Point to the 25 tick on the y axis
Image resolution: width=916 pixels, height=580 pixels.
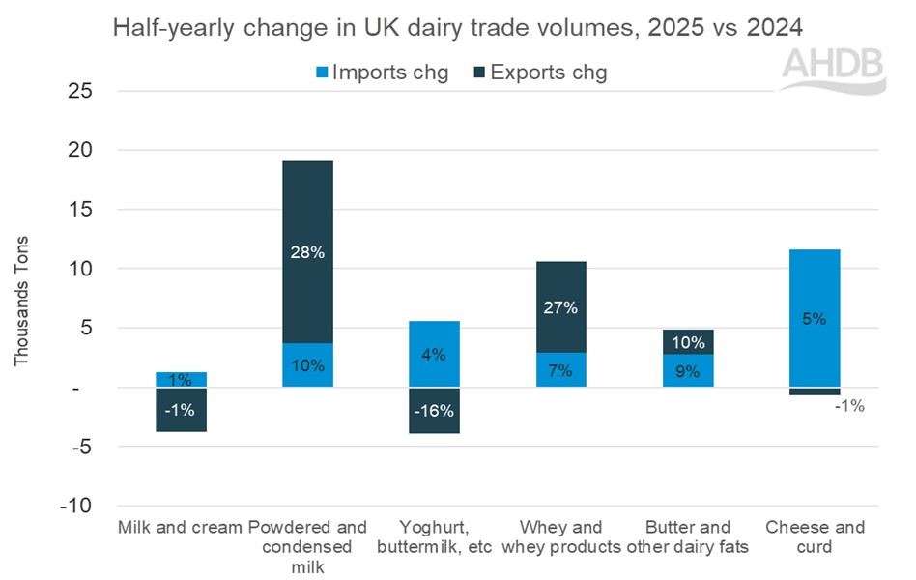pyautogui.click(x=89, y=91)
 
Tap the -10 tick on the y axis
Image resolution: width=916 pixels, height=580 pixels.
pyautogui.click(x=84, y=506)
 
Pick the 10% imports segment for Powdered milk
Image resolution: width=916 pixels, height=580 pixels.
pyautogui.click(x=307, y=365)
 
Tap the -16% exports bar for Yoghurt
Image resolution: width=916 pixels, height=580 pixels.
pyautogui.click(x=433, y=411)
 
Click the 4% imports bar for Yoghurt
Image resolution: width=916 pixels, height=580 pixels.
pyautogui.click(x=433, y=354)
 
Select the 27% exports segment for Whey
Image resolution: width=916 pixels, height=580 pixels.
pyautogui.click(x=559, y=306)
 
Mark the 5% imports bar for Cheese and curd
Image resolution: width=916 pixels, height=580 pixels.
pyautogui.click(x=814, y=318)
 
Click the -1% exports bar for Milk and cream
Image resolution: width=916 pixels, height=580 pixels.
pyautogui.click(x=181, y=409)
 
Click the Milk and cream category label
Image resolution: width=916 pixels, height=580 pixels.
pyautogui.click(x=180, y=528)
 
